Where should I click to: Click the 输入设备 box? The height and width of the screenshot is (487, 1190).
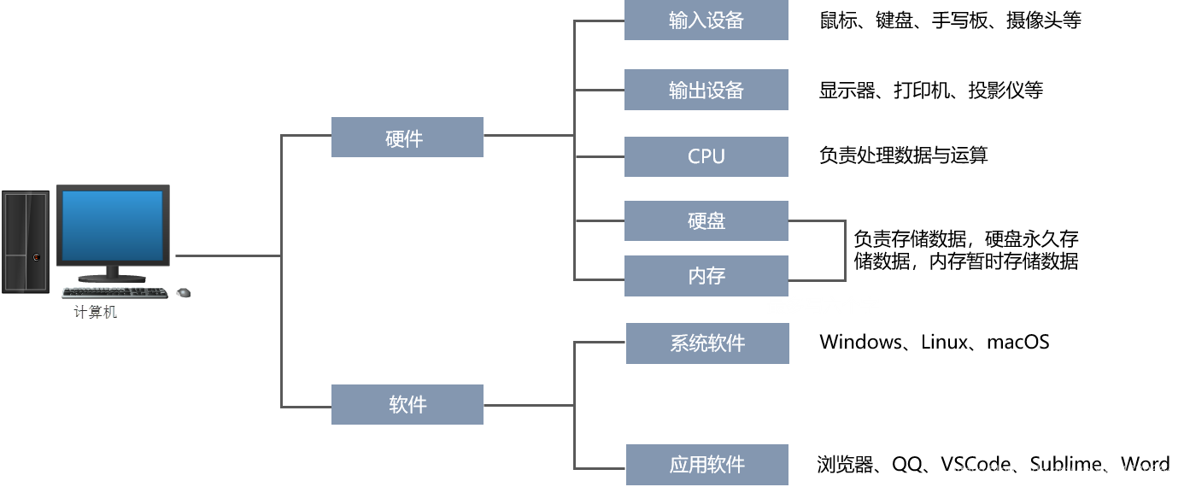pos(706,21)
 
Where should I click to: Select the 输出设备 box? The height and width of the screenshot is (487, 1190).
pos(706,90)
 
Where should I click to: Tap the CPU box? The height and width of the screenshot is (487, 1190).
pos(706,156)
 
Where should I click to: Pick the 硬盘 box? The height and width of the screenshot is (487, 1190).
pos(706,221)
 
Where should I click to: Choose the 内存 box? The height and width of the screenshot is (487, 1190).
pos(706,276)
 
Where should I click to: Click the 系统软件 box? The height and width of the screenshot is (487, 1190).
pos(706,343)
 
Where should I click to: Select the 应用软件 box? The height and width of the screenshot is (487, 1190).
pos(706,465)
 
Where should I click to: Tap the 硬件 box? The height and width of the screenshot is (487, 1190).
pos(407,138)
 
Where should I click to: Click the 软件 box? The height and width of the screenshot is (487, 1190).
pos(407,404)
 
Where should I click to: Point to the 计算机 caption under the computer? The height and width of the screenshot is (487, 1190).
pos(95,313)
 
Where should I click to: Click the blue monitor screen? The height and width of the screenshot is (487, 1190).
pos(112,225)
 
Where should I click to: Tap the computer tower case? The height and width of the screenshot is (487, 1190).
pos(26,242)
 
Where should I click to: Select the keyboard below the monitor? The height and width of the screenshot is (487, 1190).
pos(114,292)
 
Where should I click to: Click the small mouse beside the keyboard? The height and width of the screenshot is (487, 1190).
pos(183,293)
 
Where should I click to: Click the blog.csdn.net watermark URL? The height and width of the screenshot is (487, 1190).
pos(1064,471)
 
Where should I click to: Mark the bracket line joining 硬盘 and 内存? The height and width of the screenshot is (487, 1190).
pos(845,250)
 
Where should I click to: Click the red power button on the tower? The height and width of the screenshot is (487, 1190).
pos(36,256)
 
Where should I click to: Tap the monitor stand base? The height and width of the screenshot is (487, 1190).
pos(112,279)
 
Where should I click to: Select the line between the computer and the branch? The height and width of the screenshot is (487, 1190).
pos(227,255)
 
